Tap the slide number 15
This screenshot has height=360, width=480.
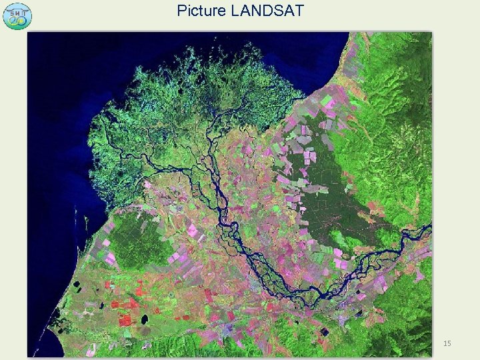coord(447,343)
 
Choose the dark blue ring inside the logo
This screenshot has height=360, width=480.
coord(13,21)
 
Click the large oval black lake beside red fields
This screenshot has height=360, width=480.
coord(144,319)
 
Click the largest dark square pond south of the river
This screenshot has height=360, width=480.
coord(324,331)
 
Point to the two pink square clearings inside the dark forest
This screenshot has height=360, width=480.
coord(309,157)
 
